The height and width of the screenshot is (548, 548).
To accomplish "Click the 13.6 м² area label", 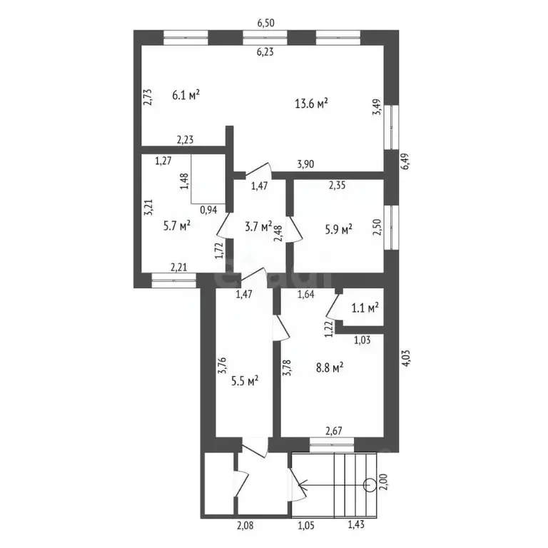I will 311,103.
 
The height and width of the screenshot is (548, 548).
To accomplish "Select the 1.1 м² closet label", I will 365,308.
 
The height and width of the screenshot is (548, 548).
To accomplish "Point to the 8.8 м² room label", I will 329,367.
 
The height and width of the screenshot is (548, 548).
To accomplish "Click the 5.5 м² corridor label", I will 244,380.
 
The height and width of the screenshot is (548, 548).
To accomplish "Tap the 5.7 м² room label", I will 175,225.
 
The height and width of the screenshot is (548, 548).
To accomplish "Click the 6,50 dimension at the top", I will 265,22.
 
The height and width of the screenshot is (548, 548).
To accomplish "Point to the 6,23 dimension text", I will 265,51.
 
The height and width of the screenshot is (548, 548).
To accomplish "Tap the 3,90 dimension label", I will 305,165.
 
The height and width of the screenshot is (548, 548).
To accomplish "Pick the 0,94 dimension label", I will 209,210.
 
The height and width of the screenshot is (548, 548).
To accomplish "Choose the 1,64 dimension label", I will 306,293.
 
